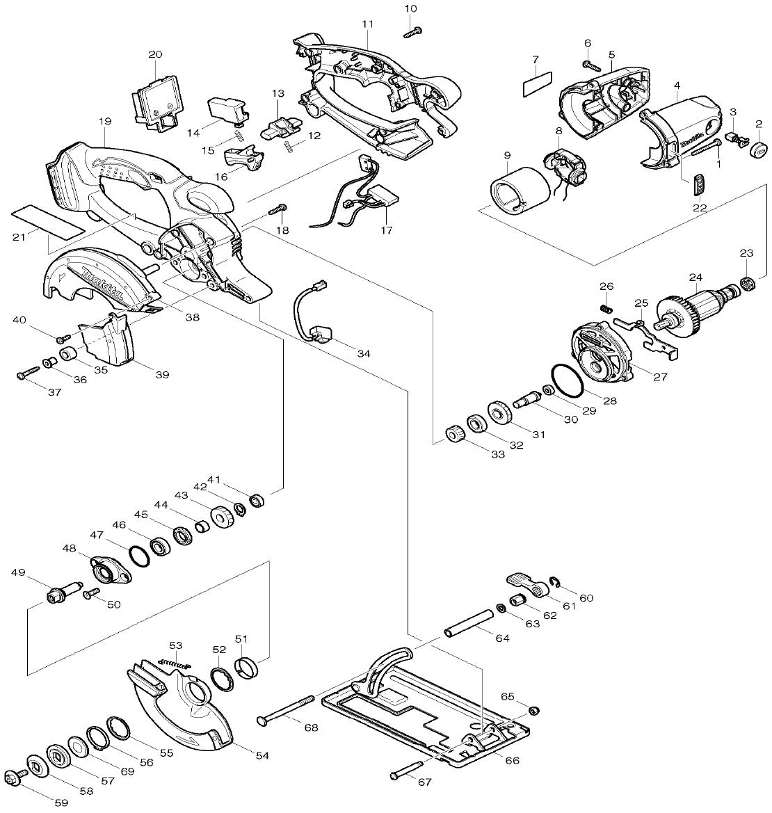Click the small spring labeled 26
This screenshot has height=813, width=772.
[x=606, y=307]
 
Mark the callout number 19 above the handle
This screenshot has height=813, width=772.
[x=104, y=121]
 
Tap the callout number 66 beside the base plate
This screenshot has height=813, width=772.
[x=511, y=761]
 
